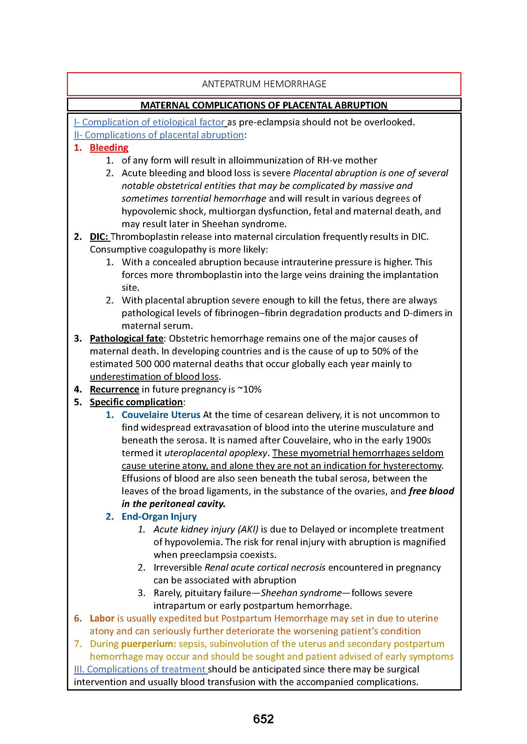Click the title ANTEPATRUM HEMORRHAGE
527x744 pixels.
(264, 84)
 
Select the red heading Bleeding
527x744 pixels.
(109, 148)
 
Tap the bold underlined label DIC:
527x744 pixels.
(99, 237)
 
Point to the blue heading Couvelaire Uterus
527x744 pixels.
(161, 415)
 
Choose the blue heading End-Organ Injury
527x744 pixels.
(159, 517)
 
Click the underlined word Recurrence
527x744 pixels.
(114, 389)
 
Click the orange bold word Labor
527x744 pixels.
(102, 618)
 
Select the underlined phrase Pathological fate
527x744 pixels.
(126, 338)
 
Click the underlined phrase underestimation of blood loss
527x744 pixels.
(155, 377)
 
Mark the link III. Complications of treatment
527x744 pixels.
(140, 669)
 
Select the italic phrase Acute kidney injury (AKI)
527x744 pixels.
(206, 529)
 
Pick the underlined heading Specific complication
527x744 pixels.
(136, 402)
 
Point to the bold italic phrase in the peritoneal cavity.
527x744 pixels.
(173, 504)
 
